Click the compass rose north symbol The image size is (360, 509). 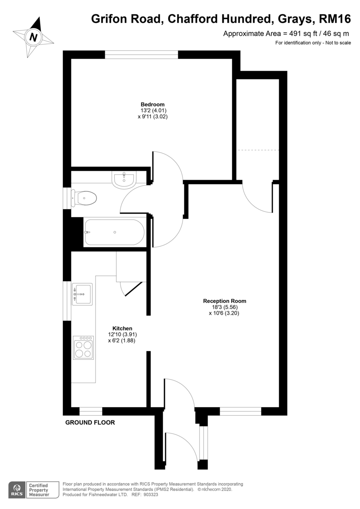coord(34,37)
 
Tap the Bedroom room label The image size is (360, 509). coord(152,104)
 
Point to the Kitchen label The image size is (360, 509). coord(122,328)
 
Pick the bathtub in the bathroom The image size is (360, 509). coord(114,232)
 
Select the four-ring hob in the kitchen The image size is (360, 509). coord(83,348)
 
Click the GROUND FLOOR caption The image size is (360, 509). coord(90,422)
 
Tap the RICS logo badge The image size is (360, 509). coord(17,489)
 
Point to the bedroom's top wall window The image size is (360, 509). coord(141,54)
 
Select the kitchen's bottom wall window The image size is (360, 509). coord(91,411)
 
